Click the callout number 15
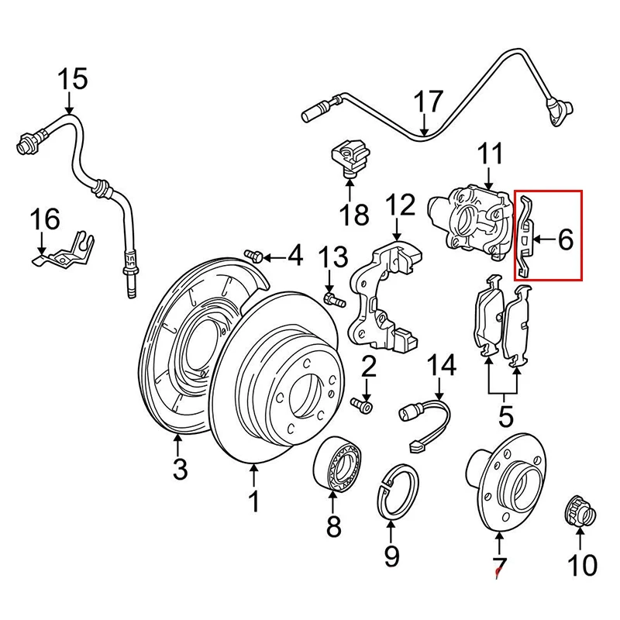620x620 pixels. click(x=72, y=79)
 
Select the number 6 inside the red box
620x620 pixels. click(x=565, y=240)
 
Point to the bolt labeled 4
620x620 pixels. click(x=253, y=255)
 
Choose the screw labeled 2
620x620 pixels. click(x=363, y=404)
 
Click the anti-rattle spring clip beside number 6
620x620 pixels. click(x=525, y=236)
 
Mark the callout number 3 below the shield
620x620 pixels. click(x=179, y=468)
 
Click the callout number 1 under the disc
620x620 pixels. click(x=254, y=501)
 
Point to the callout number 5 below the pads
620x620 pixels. click(x=505, y=417)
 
